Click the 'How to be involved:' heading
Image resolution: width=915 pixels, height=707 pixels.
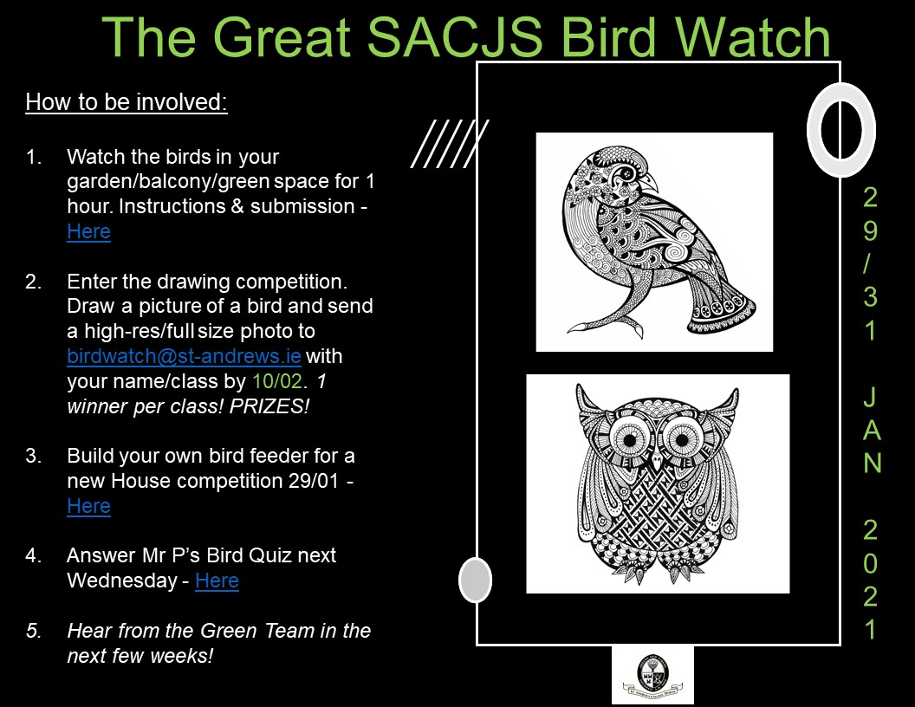pyautogui.click(x=126, y=102)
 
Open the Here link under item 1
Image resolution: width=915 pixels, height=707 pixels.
pyautogui.click(x=88, y=231)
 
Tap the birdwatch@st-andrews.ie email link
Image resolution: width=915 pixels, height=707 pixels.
pyautogui.click(x=184, y=356)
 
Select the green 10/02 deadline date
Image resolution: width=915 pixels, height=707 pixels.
pyautogui.click(x=277, y=381)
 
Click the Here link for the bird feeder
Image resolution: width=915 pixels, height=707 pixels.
pyautogui.click(x=88, y=506)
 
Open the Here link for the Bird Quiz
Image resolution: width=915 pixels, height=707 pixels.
pyautogui.click(x=217, y=581)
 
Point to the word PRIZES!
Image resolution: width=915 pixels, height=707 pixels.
pyautogui.click(x=269, y=406)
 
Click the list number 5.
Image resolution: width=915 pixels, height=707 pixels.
pyautogui.click(x=33, y=631)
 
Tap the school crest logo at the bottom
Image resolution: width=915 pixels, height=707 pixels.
pyautogui.click(x=652, y=676)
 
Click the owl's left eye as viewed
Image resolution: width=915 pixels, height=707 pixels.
pyautogui.click(x=630, y=439)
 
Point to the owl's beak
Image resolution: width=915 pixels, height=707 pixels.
pyautogui.click(x=658, y=464)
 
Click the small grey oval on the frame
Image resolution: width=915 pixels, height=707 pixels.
pyautogui.click(x=476, y=580)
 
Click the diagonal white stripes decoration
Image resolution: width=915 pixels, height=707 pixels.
pyautogui.click(x=450, y=144)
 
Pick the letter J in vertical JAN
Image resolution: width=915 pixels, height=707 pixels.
pyautogui.click(x=870, y=397)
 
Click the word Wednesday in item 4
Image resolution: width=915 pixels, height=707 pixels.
pyautogui.click(x=122, y=581)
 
